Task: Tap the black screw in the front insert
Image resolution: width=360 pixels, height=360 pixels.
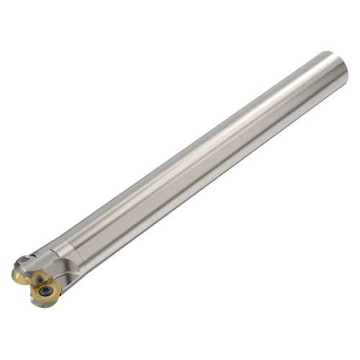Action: click(46, 292)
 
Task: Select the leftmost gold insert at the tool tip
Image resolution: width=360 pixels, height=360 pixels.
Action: click(20, 274)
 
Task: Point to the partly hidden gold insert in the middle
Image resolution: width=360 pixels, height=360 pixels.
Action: click(36, 277)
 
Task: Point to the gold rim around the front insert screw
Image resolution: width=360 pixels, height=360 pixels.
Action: click(39, 297)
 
